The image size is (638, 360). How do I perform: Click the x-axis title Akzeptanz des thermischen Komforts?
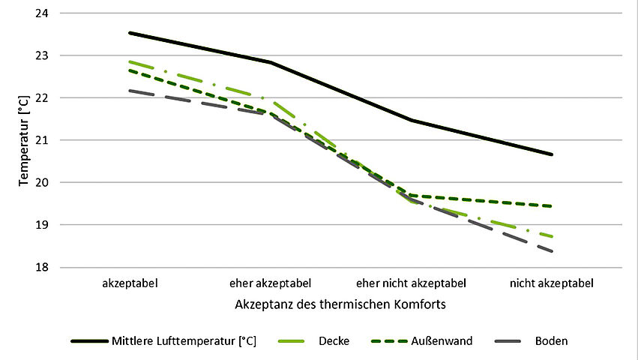(340, 306)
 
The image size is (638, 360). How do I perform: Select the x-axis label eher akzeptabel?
(270, 284)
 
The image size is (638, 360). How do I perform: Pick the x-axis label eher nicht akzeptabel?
(411, 284)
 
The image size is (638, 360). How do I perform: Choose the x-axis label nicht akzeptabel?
(552, 284)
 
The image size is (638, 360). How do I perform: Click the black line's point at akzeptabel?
(129, 33)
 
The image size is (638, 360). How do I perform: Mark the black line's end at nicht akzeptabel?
(552, 154)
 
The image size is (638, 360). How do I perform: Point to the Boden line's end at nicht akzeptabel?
(552, 251)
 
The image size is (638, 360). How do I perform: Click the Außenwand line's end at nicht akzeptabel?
(552, 206)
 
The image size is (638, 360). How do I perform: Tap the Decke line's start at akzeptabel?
(129, 61)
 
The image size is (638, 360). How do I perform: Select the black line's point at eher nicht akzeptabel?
(411, 120)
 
